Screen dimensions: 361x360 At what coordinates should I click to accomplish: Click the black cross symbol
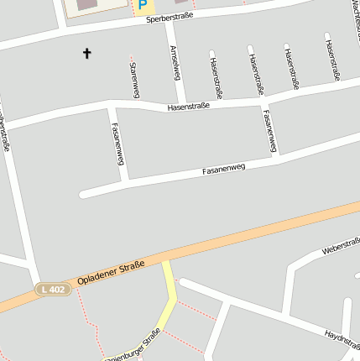(86, 54)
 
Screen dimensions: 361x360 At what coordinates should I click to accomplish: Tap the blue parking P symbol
(142, 7)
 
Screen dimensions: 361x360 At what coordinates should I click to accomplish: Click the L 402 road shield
(52, 289)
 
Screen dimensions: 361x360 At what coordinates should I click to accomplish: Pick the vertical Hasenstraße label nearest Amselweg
(216, 79)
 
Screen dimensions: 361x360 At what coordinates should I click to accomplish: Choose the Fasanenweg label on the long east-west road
(223, 170)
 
